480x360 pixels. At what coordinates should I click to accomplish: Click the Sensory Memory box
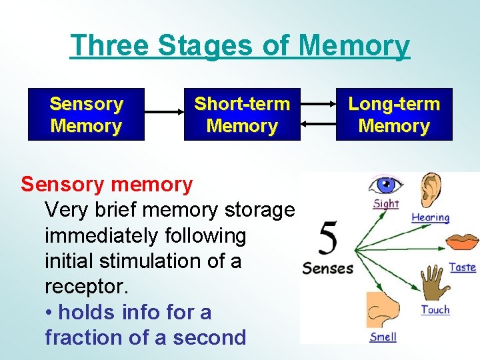(x=86, y=115)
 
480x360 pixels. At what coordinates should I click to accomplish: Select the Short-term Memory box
(x=242, y=115)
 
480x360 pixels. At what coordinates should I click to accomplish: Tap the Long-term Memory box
(x=394, y=115)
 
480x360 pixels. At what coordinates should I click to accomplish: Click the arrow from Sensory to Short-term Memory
(x=164, y=114)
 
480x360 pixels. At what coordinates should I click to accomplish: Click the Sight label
(x=386, y=203)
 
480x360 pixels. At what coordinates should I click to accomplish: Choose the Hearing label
(x=430, y=217)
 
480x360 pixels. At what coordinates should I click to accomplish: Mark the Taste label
(x=462, y=267)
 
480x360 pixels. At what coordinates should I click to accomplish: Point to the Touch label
(x=435, y=310)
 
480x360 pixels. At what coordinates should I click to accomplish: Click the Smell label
(x=383, y=336)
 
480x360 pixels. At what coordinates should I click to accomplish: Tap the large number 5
(x=327, y=239)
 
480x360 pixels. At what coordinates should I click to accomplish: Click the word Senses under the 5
(x=327, y=269)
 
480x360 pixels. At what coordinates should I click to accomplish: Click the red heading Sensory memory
(x=107, y=183)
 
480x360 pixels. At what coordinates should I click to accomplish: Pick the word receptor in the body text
(x=85, y=286)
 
